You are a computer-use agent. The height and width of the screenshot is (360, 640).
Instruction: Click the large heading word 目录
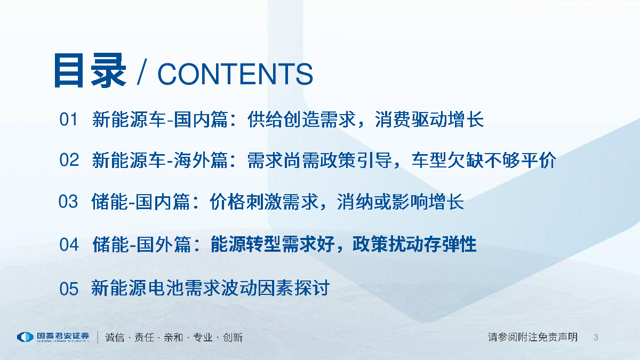pos(90,70)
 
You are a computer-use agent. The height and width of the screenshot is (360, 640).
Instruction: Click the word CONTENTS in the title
pos(235,74)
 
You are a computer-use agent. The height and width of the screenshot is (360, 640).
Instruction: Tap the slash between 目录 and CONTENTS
pos(142,71)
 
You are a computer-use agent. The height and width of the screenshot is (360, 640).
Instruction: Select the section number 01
pos(68,119)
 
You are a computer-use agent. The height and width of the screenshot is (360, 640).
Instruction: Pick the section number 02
pos(69,159)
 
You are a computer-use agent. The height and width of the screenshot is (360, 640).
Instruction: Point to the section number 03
pos(68,202)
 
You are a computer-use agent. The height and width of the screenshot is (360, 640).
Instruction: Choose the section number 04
pos(69,245)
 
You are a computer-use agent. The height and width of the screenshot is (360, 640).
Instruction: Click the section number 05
pos(69,289)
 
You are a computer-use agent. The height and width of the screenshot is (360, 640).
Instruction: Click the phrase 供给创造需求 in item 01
pos(301,119)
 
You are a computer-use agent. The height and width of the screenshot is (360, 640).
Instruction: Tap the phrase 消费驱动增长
pos(429,119)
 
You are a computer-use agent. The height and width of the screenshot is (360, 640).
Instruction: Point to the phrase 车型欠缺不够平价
pos(484,160)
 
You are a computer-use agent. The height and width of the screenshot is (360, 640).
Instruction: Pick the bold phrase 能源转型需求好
pos(273,244)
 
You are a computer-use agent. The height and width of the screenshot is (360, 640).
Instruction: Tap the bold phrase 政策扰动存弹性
pos(414,244)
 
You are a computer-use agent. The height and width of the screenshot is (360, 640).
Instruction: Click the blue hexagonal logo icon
pos(26,337)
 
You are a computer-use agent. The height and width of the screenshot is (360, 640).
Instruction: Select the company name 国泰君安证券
pos(63,336)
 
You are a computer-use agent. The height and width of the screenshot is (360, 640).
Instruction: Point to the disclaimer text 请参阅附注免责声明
pos(533,337)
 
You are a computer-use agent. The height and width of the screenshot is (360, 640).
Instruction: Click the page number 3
pos(596,338)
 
